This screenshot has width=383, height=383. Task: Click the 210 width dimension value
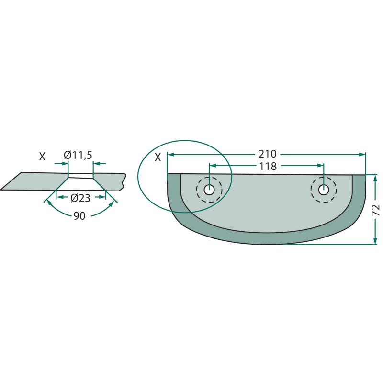click(x=268, y=154)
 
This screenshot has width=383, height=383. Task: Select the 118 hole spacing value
click(x=268, y=166)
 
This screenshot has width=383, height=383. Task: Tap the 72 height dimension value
click(x=376, y=210)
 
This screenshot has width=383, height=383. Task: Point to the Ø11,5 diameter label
click(x=78, y=155)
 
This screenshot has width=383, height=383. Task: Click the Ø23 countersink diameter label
click(x=80, y=198)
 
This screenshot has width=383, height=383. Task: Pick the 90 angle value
click(x=79, y=216)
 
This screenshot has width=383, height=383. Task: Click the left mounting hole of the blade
click(x=209, y=190)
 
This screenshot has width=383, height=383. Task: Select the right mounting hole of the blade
click(x=324, y=190)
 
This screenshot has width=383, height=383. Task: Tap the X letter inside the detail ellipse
click(x=158, y=158)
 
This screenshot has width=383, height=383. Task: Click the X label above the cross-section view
click(x=42, y=157)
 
